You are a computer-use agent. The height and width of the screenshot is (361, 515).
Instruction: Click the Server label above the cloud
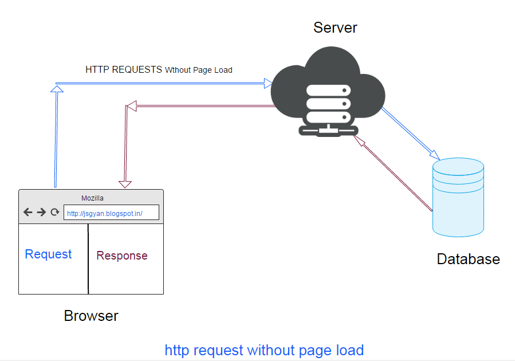(x=335, y=28)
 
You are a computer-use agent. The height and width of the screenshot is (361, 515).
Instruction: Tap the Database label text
(x=468, y=259)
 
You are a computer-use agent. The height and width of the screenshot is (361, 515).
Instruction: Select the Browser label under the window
(x=91, y=316)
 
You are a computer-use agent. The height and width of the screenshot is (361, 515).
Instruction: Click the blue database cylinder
(x=458, y=198)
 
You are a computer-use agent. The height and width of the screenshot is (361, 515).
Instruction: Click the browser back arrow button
(x=28, y=212)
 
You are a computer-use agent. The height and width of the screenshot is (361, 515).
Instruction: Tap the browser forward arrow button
(x=41, y=212)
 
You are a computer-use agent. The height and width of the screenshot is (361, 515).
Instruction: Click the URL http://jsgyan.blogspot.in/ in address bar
(x=104, y=214)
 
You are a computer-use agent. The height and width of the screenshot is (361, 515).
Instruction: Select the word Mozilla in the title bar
(x=92, y=198)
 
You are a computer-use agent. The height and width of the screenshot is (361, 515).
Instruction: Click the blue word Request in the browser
(x=48, y=254)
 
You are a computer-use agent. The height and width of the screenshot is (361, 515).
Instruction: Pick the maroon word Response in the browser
(x=122, y=256)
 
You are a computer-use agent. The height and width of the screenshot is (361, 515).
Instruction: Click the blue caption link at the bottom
(x=264, y=350)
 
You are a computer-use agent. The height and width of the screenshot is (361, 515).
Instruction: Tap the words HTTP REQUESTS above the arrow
(x=124, y=70)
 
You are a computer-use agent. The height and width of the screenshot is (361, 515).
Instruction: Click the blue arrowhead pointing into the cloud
(x=268, y=84)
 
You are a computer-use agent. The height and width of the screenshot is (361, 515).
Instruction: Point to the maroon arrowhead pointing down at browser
(x=125, y=185)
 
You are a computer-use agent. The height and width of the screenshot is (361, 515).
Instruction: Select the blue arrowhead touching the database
(x=435, y=155)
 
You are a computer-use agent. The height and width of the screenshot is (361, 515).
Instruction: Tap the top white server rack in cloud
(x=328, y=91)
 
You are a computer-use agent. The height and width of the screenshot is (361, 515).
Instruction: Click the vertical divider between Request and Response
(x=88, y=259)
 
